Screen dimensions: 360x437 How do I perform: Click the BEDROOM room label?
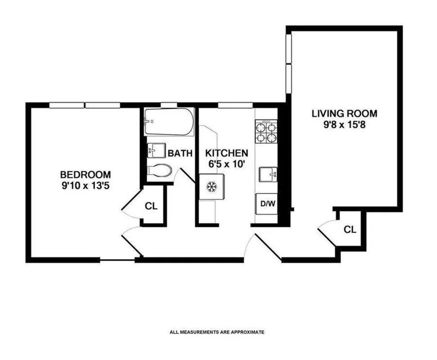(85, 175)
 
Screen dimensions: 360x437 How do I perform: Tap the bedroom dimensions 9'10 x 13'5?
(85, 185)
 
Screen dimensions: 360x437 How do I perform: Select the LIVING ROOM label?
(344, 114)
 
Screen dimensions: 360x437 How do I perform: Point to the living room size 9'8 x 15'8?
(344, 125)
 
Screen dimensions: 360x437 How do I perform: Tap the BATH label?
(180, 154)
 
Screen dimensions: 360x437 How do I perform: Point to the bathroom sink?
(154, 150)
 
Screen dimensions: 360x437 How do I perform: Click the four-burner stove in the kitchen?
(266, 131)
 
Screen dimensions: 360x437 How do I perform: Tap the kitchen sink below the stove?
(267, 173)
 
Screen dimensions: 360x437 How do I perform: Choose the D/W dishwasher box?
(266, 203)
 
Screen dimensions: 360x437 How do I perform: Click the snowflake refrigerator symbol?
(211, 187)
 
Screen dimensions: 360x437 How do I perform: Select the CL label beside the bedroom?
(151, 206)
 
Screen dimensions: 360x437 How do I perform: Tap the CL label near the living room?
(350, 229)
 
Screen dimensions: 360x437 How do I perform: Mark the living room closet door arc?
(326, 228)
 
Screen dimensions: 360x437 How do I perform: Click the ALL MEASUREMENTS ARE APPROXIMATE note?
(217, 332)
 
